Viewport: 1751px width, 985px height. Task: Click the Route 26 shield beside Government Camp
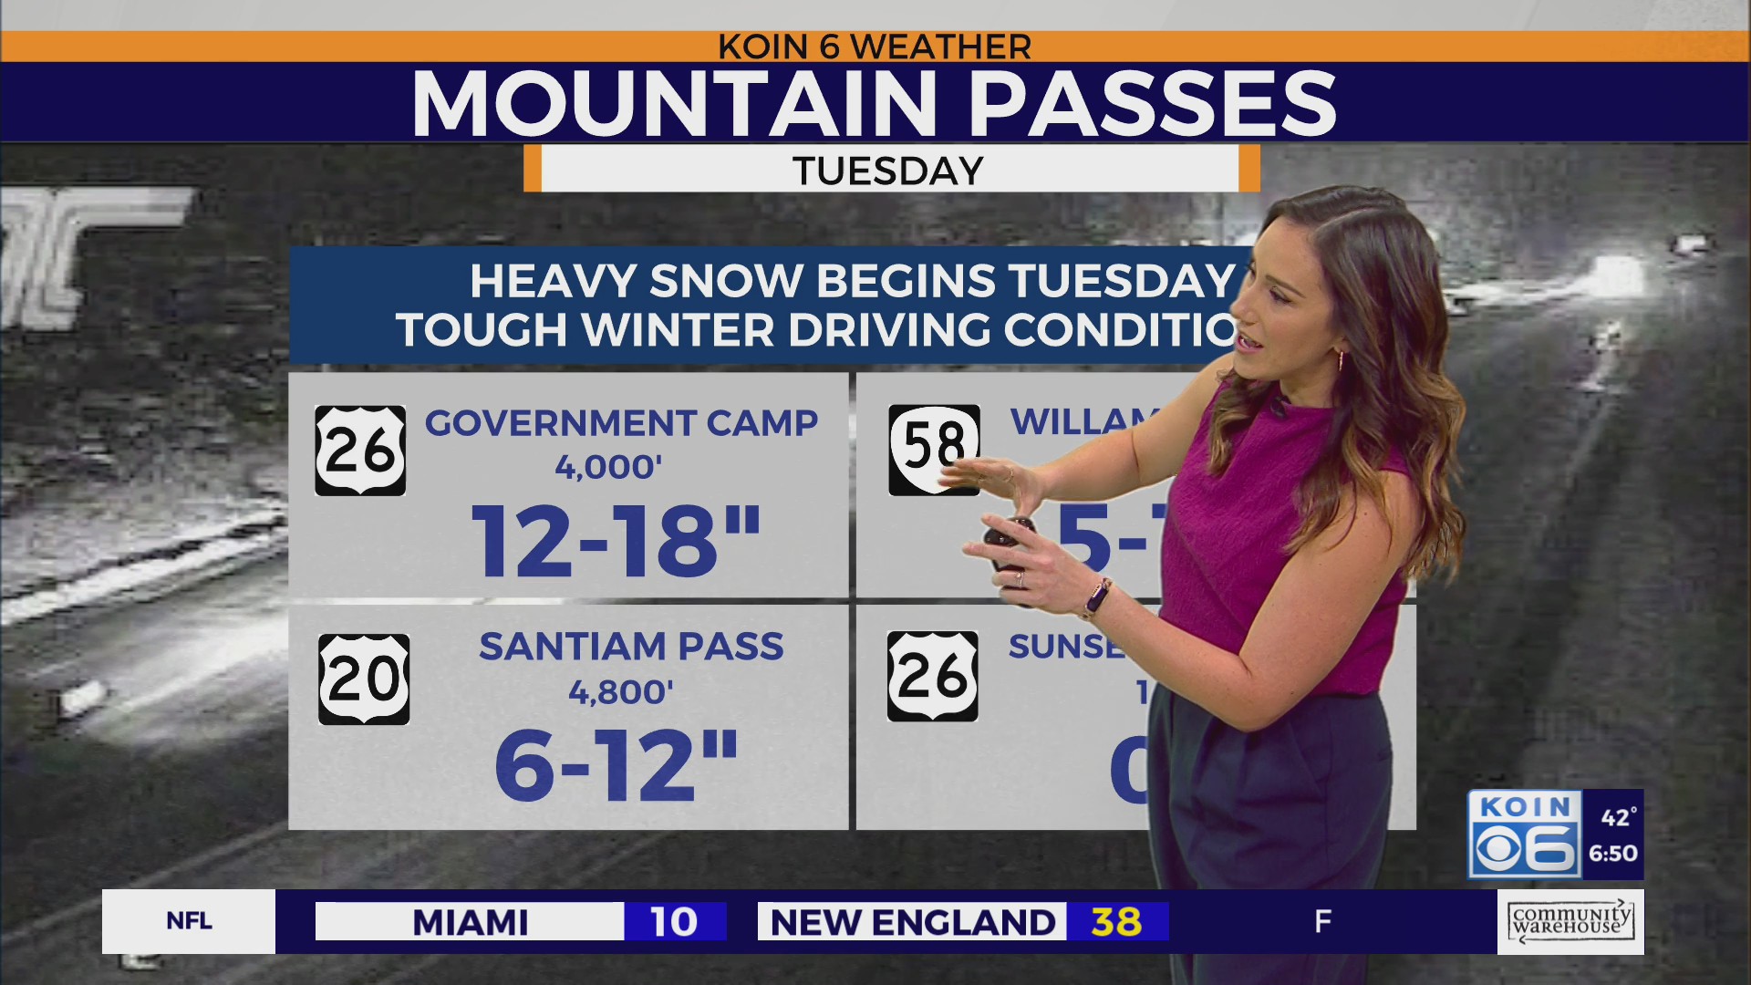(x=360, y=451)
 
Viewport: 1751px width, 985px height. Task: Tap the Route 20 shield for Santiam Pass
(x=364, y=679)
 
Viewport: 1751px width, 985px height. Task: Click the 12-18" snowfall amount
(x=616, y=542)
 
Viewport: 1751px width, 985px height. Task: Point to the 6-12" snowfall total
(x=616, y=766)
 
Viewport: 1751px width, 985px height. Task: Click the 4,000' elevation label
(x=608, y=468)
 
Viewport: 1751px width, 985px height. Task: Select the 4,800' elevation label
(x=621, y=693)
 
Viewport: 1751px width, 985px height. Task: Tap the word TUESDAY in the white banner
(x=888, y=171)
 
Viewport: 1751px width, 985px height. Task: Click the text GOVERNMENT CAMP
(x=621, y=423)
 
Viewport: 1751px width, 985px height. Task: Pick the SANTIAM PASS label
(x=631, y=647)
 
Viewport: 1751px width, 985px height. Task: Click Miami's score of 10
(x=674, y=922)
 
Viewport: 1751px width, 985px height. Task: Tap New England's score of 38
(x=1116, y=922)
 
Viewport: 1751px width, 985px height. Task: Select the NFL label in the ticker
(x=189, y=921)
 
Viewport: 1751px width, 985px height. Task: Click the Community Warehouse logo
(x=1570, y=921)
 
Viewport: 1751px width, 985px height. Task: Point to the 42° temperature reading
(x=1619, y=817)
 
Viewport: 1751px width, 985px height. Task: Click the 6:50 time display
(x=1613, y=854)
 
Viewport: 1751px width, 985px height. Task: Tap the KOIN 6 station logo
(x=1524, y=835)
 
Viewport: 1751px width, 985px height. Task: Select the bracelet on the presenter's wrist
(x=1095, y=599)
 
